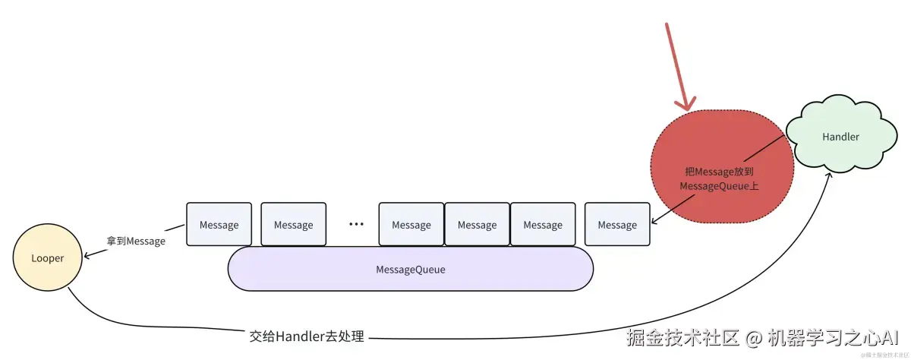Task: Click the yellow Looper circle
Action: (x=47, y=258)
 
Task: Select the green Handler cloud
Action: (x=840, y=137)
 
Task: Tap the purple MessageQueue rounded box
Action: (x=411, y=270)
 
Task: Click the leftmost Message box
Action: (x=219, y=225)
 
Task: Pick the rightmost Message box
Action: (x=617, y=225)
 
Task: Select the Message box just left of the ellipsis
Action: (x=293, y=225)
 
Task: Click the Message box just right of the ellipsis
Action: (x=411, y=225)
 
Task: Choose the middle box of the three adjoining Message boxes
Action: (x=477, y=225)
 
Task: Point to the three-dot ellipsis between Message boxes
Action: (x=356, y=225)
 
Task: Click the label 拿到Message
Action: (x=136, y=241)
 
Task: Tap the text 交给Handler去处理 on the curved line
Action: (x=307, y=336)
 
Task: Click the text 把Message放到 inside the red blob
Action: (x=719, y=172)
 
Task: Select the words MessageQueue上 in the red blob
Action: (x=719, y=186)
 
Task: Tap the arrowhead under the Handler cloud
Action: (x=830, y=175)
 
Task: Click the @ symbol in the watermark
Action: (x=752, y=337)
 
